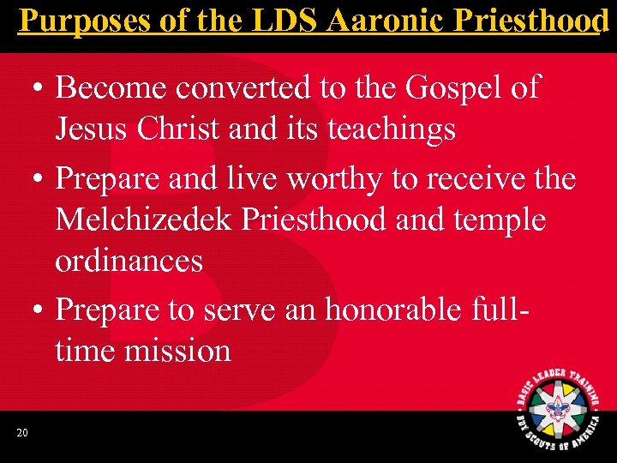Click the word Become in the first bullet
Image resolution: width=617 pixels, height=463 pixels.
coord(109,87)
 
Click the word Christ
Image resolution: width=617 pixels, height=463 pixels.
coord(178,129)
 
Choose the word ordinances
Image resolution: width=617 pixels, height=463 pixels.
coord(129,262)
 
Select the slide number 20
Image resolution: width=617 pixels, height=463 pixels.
coord(22,432)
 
